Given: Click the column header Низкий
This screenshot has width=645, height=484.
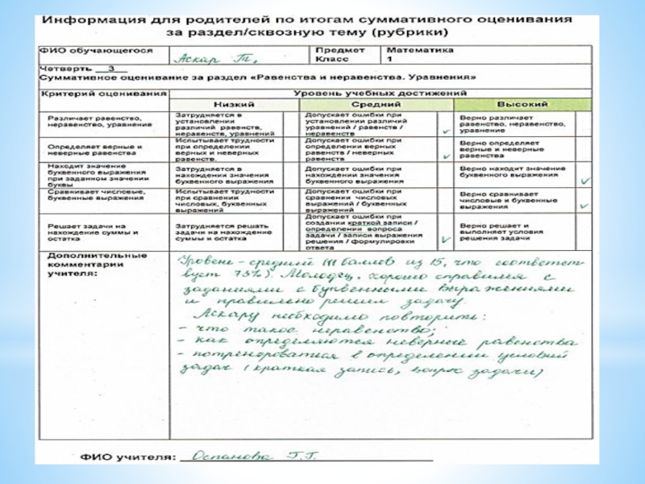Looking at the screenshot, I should (x=234, y=105).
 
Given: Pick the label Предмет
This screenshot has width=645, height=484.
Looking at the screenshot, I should (x=335, y=49).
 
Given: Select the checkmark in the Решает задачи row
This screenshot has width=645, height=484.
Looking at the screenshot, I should (x=446, y=240).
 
